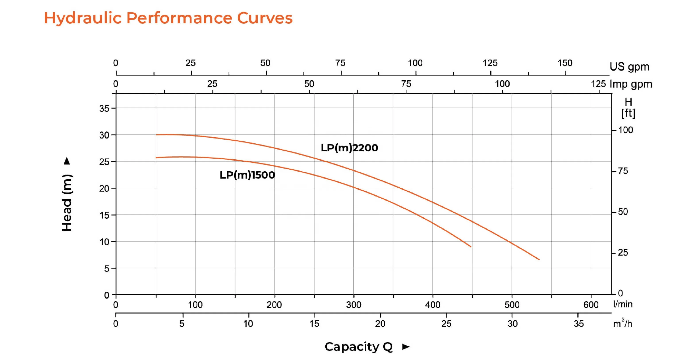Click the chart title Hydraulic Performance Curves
(168, 18)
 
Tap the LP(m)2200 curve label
(349, 148)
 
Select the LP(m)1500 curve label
(247, 175)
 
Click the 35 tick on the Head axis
(104, 108)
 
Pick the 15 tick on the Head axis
(104, 215)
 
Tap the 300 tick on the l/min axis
(354, 305)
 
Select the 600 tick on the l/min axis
(591, 305)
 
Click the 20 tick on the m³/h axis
(380, 323)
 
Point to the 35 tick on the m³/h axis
(579, 323)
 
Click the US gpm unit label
(629, 67)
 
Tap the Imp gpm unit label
(631, 84)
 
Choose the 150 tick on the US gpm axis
(565, 63)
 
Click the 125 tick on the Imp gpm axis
(598, 84)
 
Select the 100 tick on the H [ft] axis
(625, 130)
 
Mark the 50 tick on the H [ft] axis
(623, 212)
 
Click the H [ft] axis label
(628, 108)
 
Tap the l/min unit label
(623, 304)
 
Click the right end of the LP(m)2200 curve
(539, 259)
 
